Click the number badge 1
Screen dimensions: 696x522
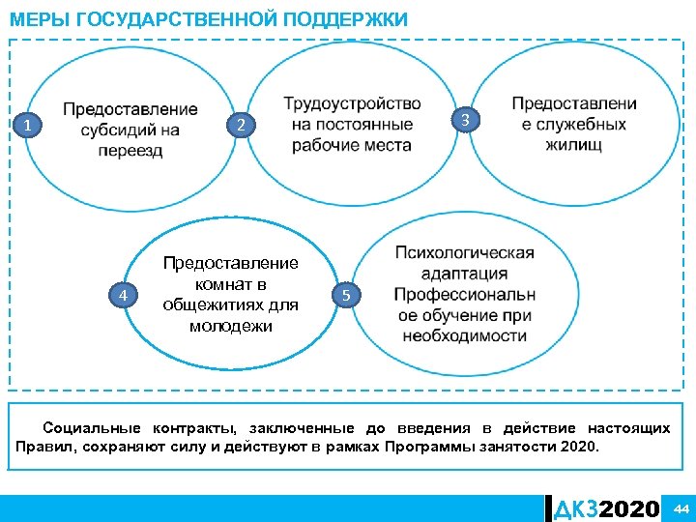point(30,126)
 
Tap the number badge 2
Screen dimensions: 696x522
point(243,126)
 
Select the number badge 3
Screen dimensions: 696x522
point(466,120)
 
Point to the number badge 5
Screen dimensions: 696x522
point(348,294)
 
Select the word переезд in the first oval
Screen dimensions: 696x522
point(130,151)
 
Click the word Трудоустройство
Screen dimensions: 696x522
point(352,103)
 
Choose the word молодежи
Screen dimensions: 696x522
point(231,327)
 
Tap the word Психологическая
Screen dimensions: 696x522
point(464,253)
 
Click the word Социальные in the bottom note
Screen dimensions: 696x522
point(92,428)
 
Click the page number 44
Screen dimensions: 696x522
point(681,508)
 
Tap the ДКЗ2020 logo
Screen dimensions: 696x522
point(606,508)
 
